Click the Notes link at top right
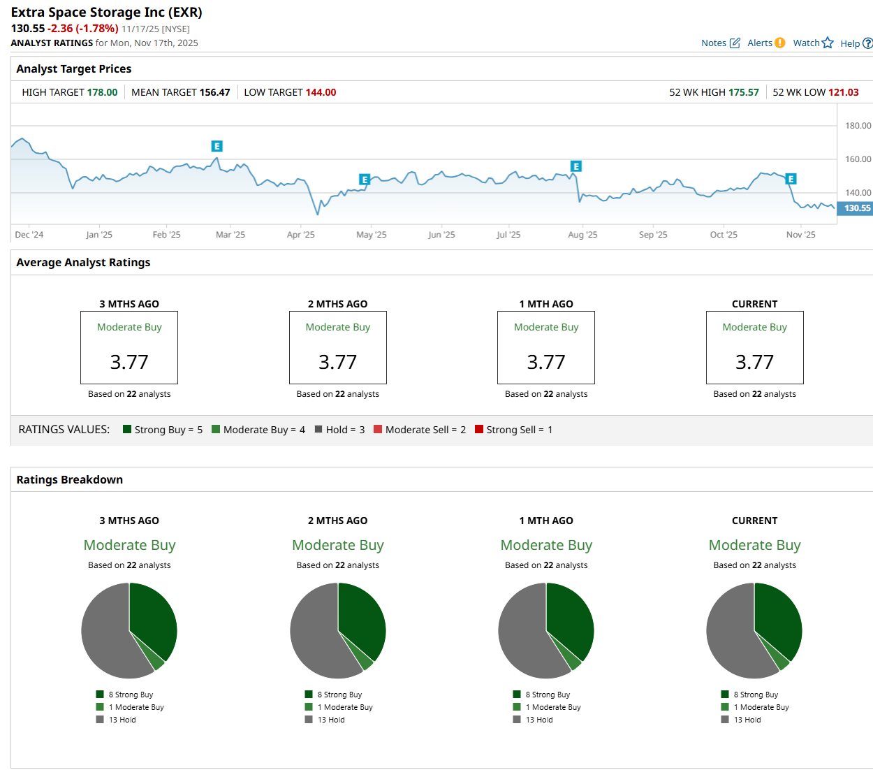tap(714, 43)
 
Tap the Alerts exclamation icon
tap(779, 43)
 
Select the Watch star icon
tap(828, 43)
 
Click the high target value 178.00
tap(102, 92)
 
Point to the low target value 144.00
tap(321, 92)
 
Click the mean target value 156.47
tap(214, 92)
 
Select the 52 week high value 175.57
tap(743, 92)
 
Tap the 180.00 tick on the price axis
tap(858, 126)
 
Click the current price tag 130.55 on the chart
tap(856, 208)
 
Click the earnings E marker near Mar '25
tap(217, 146)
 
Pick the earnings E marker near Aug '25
tap(576, 166)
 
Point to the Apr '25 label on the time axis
tap(300, 235)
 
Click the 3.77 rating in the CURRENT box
tap(754, 362)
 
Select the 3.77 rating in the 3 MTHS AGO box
tap(129, 362)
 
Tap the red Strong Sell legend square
tap(479, 429)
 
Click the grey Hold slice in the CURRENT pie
tap(730, 636)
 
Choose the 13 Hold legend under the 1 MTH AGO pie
tap(538, 720)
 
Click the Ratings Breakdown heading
tap(70, 479)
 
